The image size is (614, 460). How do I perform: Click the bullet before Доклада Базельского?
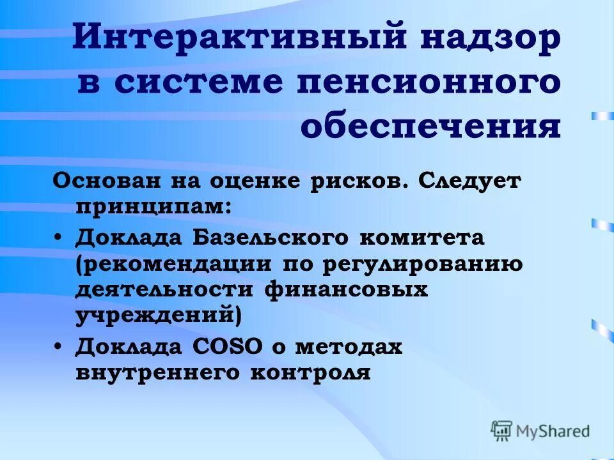(58, 238)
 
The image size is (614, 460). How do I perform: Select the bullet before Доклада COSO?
(58, 346)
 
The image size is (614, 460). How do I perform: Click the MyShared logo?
(540, 431)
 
